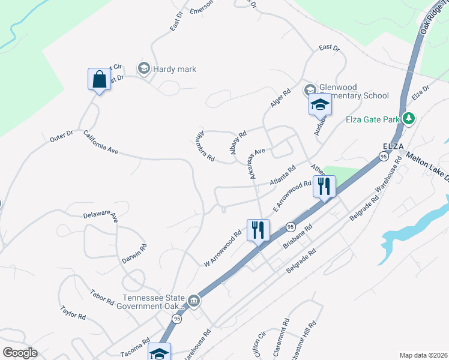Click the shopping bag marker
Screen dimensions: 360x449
click(x=100, y=79)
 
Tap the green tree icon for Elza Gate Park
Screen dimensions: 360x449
click(x=409, y=118)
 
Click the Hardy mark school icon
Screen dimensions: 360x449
click(x=143, y=69)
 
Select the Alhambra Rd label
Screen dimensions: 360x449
click(x=204, y=146)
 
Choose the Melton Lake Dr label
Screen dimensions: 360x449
click(x=427, y=167)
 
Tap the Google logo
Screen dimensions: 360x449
click(x=20, y=353)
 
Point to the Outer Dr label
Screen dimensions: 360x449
click(x=61, y=137)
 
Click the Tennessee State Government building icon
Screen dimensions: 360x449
click(x=194, y=301)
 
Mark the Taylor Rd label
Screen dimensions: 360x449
click(x=73, y=312)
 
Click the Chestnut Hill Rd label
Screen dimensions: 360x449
click(x=303, y=340)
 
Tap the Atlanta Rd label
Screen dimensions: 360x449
click(x=283, y=176)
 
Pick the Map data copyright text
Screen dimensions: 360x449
click(x=423, y=355)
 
